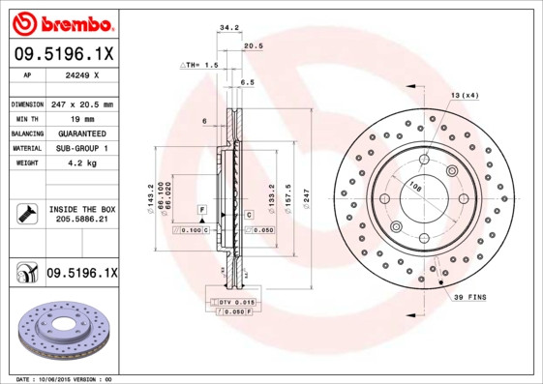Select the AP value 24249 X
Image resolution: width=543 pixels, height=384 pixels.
(x=80, y=74)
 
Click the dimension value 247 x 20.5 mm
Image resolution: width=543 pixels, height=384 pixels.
(x=81, y=103)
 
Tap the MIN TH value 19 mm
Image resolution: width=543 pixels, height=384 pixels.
(x=81, y=118)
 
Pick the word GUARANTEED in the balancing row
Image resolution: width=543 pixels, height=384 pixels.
(x=81, y=133)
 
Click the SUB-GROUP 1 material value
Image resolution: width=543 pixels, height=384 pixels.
(x=81, y=148)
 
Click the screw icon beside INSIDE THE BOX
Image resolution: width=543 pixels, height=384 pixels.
(x=26, y=214)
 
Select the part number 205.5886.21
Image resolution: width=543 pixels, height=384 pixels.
(x=81, y=221)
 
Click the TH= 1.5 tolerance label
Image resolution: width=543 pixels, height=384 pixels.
(x=200, y=64)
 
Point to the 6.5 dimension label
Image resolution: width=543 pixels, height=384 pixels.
(x=247, y=83)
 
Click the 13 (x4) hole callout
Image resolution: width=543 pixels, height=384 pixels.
(x=465, y=95)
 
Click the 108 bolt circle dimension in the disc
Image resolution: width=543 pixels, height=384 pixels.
(x=415, y=187)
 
